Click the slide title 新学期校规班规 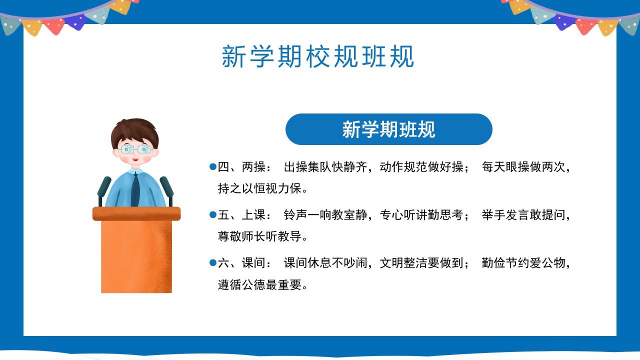tap(317, 56)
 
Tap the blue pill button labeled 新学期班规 tap(389, 129)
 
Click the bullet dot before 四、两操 tap(213, 166)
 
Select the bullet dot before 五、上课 tap(213, 214)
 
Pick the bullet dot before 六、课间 tap(213, 262)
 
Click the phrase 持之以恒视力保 tap(259, 188)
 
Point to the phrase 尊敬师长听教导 tap(259, 236)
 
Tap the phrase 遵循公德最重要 tap(259, 284)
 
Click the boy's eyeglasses tap(135, 149)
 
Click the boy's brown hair tap(134, 131)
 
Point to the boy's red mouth tap(135, 159)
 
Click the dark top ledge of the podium tap(136, 213)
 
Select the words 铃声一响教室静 tap(325, 215)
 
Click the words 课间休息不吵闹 tap(325, 263)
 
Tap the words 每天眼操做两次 tap(523, 167)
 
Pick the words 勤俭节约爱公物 tap(523, 263)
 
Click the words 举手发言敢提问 tap(523, 215)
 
